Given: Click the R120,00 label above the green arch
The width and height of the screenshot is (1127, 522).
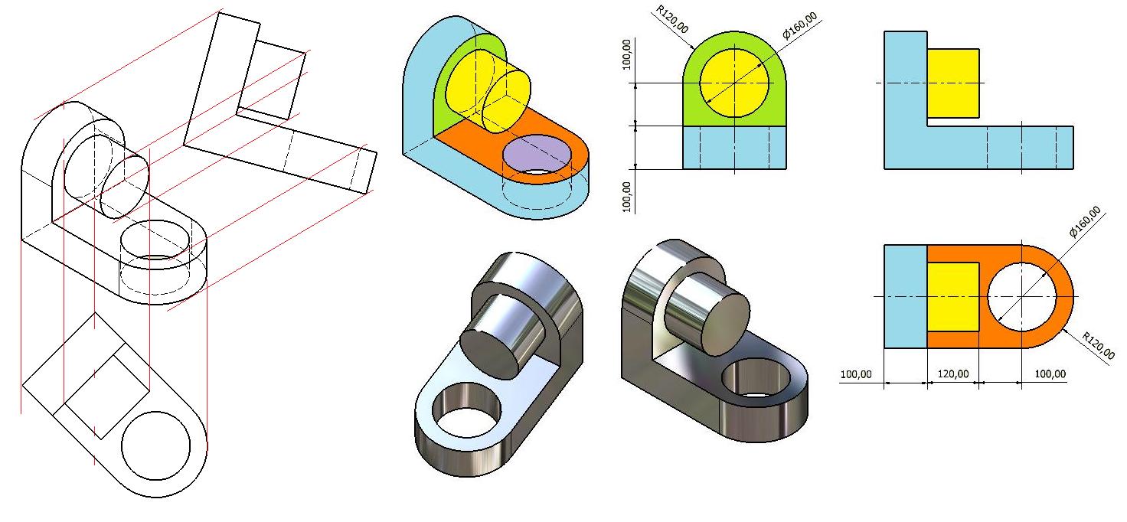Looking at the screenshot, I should point(673,20).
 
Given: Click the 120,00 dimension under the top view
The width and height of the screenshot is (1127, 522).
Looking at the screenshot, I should point(952,374).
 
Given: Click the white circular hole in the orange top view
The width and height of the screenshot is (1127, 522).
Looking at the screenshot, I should point(1023,296).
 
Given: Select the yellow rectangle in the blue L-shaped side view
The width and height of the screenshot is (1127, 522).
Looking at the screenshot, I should point(953,83).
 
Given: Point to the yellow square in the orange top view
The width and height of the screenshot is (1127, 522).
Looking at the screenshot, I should point(953,297).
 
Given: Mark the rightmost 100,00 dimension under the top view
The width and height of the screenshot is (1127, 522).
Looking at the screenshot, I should point(1049,374).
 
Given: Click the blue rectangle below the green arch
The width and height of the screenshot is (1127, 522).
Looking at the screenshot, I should point(734,147).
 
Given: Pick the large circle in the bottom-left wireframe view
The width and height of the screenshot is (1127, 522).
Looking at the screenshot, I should point(156,445).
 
